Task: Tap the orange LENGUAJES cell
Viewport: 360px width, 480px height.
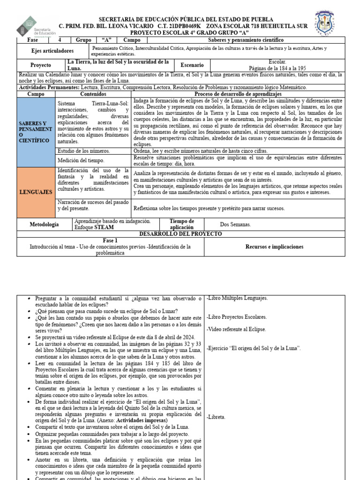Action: click(36, 192)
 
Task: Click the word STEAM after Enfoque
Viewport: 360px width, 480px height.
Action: click(104, 227)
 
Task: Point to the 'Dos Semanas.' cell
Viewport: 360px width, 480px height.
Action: click(235, 225)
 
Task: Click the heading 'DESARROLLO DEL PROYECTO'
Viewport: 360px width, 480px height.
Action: click(180, 233)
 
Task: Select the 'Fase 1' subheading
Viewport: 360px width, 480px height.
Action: click(110, 240)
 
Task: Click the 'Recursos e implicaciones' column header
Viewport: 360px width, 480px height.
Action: click(274, 247)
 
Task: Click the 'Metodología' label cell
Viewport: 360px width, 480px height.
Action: click(45, 225)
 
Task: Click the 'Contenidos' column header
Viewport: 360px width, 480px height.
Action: click(93, 94)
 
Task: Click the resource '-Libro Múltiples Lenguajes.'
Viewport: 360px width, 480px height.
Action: click(237, 298)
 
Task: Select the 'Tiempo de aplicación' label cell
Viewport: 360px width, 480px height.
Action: click(181, 225)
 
